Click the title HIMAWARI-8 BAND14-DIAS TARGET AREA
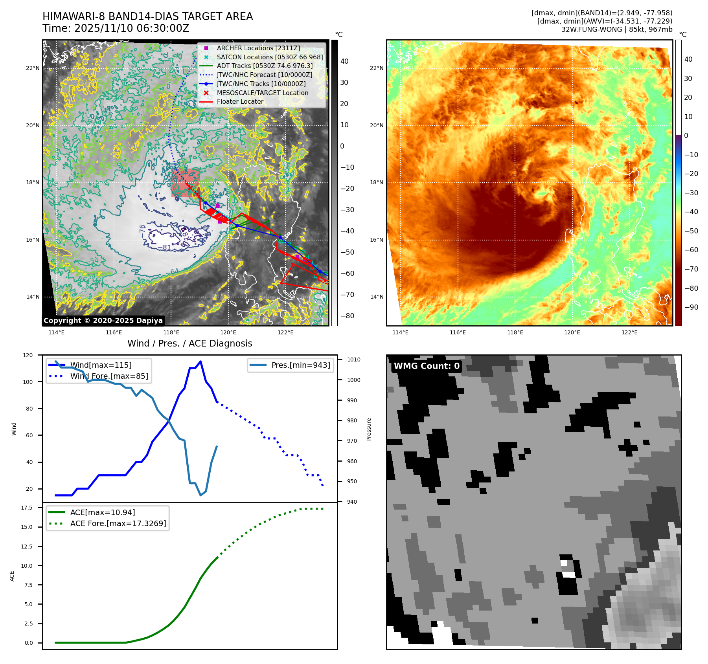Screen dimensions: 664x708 pos(147,17)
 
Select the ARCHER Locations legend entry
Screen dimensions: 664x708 pos(258,48)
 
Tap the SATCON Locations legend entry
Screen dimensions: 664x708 pos(270,57)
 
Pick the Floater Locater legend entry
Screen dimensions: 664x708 pos(240,101)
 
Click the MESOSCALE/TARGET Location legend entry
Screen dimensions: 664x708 pos(262,93)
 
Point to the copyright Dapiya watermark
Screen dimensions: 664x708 pos(103,321)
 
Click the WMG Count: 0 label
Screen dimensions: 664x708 pos(427,366)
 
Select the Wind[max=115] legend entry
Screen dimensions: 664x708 pos(101,365)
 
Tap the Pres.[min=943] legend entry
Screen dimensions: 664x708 pos(301,365)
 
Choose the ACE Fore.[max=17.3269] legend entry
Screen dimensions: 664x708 pos(118,523)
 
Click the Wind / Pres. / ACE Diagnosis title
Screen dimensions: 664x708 pos(189,343)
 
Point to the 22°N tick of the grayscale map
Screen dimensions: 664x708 pos(33,68)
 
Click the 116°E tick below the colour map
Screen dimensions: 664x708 pos(458,332)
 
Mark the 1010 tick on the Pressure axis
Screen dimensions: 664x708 pos(353,360)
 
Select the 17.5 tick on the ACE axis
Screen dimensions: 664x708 pos(27,508)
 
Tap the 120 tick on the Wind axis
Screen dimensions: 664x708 pos(28,355)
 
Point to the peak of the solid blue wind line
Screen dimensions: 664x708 pos(200,361)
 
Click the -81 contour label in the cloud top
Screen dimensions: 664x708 pos(167,247)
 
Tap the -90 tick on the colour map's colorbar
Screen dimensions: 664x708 pos(691,307)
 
